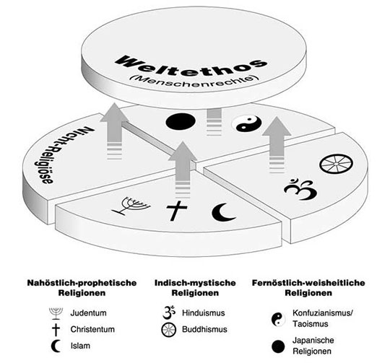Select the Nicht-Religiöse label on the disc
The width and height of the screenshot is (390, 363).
coord(65,154)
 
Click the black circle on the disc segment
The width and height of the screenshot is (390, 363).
coord(181,121)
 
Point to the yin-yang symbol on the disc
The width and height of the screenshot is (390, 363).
coord(246,123)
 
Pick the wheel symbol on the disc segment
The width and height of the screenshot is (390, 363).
coord(336,164)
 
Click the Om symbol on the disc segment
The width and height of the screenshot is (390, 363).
coord(300,189)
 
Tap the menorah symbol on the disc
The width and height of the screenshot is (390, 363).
coord(131,206)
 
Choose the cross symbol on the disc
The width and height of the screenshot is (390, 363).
coord(177,211)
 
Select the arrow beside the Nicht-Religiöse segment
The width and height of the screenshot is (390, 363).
coord(114,131)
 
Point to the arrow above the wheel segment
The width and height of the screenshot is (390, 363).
coord(277,144)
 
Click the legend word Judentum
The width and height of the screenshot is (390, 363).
coord(88,312)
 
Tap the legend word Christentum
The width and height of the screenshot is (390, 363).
coord(92,329)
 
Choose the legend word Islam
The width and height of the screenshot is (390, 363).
coord(80,346)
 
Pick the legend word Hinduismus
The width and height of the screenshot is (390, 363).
coord(203,312)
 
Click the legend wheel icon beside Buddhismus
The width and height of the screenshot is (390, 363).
coord(168,330)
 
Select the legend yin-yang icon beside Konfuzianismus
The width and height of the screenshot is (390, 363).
coord(278,319)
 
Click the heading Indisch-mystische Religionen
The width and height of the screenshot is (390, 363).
coord(195,288)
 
